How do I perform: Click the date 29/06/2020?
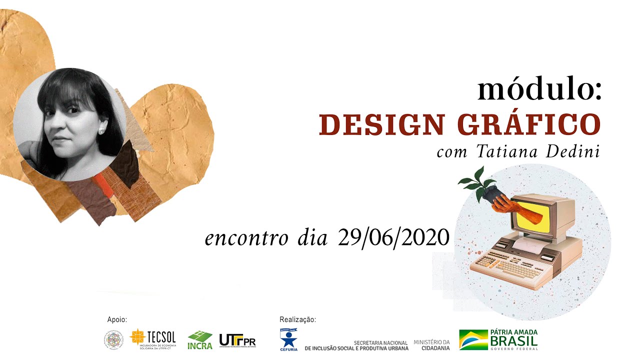coord(393,237)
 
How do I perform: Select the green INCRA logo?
coord(200,340)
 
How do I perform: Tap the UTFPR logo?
coord(237,340)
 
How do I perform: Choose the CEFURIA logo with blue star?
coord(288,339)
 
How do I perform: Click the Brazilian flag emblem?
coord(473,339)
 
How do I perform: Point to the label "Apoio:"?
coord(117,319)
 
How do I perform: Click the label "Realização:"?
coord(298,319)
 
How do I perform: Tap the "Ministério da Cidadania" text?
coord(431,344)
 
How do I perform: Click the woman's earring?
coord(100,131)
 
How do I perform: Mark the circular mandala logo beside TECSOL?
coord(113,340)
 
